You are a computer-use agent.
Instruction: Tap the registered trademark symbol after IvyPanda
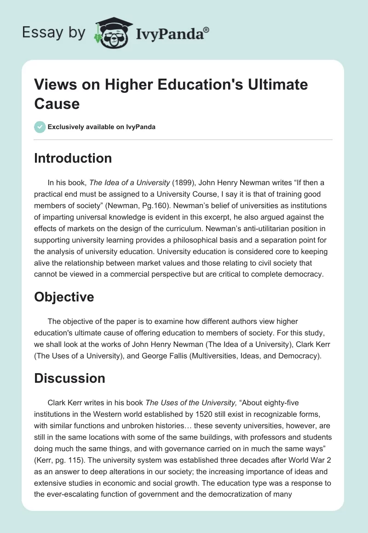click(207, 30)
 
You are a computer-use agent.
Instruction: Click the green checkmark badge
click(40, 127)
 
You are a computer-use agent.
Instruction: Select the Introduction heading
click(73, 158)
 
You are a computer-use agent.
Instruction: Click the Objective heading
click(64, 297)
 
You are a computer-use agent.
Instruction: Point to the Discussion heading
click(69, 378)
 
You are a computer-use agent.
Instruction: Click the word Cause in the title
click(57, 103)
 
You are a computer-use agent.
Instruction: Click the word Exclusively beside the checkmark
click(68, 127)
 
